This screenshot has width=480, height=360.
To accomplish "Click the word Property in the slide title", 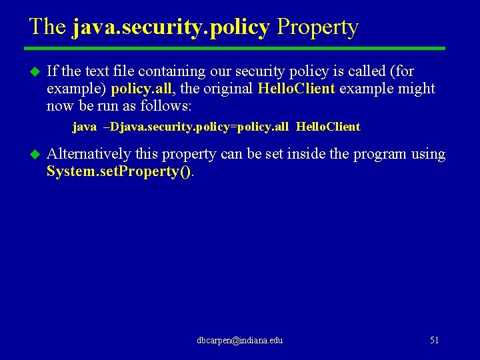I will pos(317,27).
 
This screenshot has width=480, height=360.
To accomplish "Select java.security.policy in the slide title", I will pos(171,27).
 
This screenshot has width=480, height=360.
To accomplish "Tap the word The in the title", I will pos(47,27).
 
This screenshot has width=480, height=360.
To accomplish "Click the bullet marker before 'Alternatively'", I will pos(35,154).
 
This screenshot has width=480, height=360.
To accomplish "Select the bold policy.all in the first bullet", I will pos(140,89).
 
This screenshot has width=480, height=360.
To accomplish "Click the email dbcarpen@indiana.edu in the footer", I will pos(239,341).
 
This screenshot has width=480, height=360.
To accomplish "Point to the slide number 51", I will pos(434,341).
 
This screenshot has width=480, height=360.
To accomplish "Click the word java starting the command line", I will pos(84,127).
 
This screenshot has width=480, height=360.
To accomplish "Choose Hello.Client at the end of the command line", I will pos(327,127).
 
